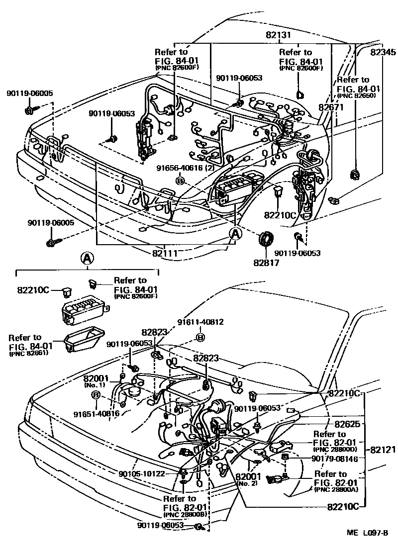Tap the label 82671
331,107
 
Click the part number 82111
165,252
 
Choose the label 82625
347,424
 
